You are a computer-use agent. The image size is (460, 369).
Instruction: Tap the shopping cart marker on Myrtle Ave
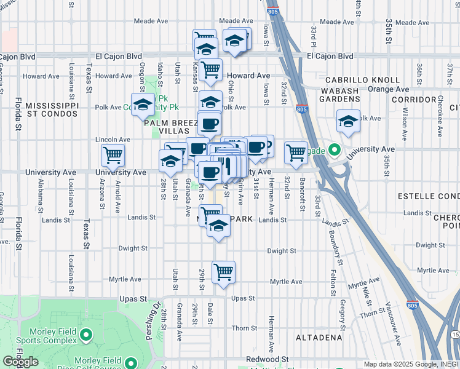(223, 271)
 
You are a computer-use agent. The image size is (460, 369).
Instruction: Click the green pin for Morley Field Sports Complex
(85, 336)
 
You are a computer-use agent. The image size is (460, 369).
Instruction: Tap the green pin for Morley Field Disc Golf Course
(131, 363)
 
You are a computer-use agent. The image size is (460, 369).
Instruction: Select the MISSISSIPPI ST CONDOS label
(52, 109)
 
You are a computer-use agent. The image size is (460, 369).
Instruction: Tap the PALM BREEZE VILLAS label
(170, 127)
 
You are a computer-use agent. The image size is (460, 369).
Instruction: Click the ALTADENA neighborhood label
(319, 338)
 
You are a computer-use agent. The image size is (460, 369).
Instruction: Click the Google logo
(21, 362)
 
